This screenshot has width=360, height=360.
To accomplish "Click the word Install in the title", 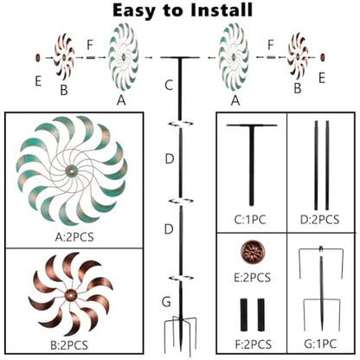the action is pos(221,10).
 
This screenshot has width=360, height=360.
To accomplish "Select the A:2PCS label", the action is pos(74,237).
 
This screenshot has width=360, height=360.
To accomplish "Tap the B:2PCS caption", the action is pos(69,345).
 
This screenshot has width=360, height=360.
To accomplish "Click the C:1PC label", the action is pos(250,220).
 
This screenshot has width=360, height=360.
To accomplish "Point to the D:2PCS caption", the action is pos(319,220).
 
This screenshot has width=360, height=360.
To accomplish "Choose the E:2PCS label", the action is pos(252,278).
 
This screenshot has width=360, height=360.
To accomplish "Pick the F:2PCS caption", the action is pos(254,344).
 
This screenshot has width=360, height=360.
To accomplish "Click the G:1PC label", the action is pos(320,344).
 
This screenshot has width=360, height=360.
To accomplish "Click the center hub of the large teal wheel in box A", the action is pos(71,171).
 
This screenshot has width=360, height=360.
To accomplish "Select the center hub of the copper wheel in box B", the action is pos(70,295).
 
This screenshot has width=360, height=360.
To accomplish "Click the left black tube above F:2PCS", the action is pos(244,315).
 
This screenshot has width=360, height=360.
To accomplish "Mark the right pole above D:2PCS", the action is pos(327,165).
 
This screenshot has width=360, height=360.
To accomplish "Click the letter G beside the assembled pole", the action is pos(166,302).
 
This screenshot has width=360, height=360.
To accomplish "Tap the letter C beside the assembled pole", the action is pos(169,85).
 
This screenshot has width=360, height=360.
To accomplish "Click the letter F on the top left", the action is pos(90,45).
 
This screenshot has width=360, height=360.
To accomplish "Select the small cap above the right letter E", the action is pos(323,57).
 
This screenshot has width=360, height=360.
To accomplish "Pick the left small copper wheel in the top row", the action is pos(64,57).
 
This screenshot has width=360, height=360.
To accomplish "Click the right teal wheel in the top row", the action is pos(234,57).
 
